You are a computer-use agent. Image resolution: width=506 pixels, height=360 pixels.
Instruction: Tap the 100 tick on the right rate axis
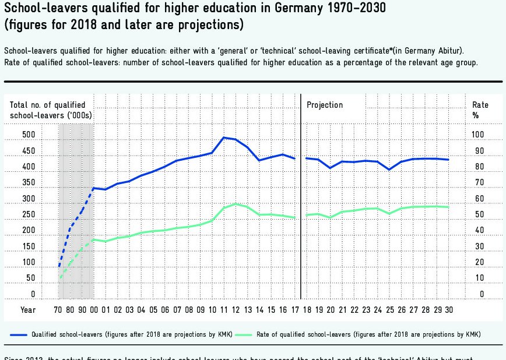click(x=478, y=135)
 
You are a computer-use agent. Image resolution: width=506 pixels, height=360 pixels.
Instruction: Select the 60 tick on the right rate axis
click(x=478, y=199)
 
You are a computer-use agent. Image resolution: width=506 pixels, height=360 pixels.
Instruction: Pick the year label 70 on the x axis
click(x=58, y=310)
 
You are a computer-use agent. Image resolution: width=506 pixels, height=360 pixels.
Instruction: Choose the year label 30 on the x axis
click(x=448, y=310)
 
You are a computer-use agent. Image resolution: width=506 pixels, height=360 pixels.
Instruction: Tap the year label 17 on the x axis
click(x=295, y=310)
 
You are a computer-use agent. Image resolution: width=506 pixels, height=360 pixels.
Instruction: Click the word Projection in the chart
click(x=325, y=105)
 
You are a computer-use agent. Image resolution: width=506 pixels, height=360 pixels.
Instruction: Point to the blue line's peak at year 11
click(x=224, y=137)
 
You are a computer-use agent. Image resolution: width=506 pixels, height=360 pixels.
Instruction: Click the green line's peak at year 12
click(x=236, y=204)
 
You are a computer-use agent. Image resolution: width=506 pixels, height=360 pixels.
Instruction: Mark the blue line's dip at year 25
click(x=389, y=170)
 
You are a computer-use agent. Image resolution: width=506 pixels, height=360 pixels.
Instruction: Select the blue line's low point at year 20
click(x=330, y=168)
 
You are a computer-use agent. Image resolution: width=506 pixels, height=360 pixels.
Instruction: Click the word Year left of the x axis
click(x=28, y=310)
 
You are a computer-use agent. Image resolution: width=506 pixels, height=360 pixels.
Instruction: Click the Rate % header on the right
click(x=480, y=110)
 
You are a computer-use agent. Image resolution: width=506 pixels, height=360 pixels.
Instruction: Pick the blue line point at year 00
click(x=93, y=188)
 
